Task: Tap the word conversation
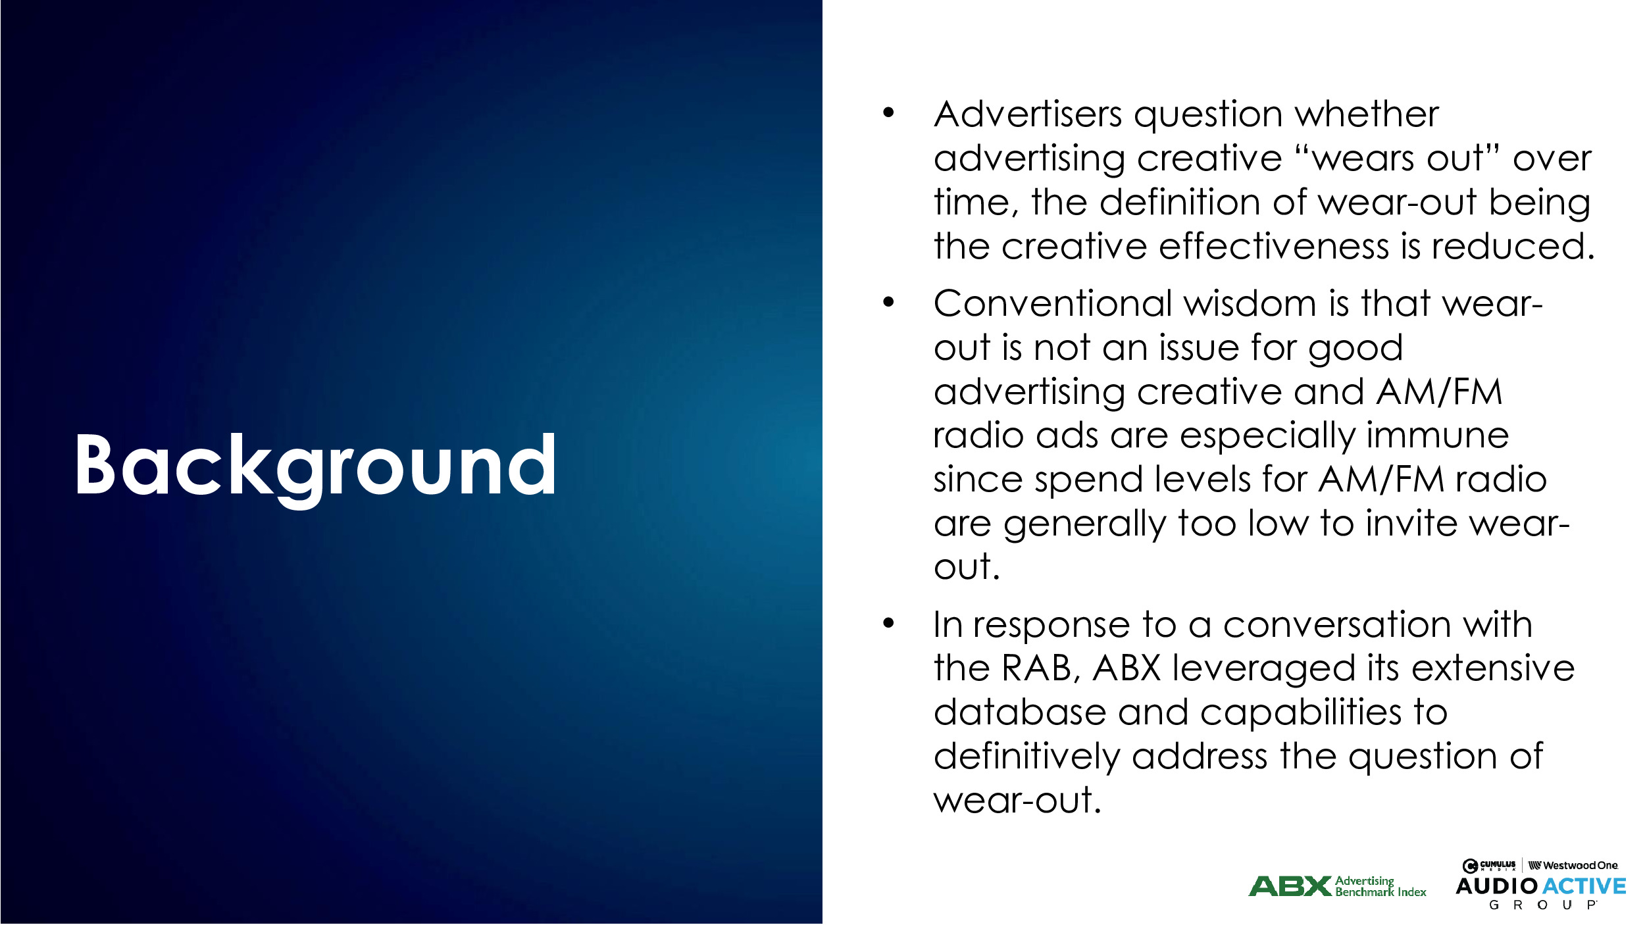tap(1338, 625)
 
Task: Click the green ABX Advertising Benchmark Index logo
tap(1337, 886)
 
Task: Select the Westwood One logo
tap(1572, 865)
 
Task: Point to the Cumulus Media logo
tap(1489, 865)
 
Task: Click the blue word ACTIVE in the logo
tap(1584, 886)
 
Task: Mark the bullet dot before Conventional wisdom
tap(889, 303)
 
